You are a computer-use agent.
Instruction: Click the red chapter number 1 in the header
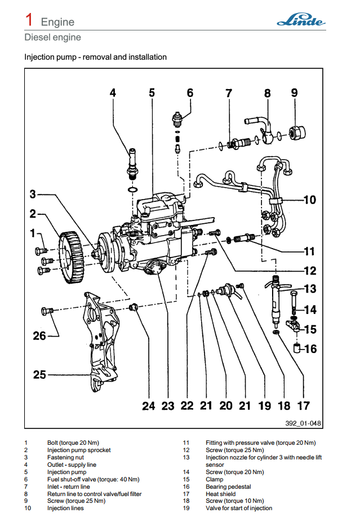(x=29, y=20)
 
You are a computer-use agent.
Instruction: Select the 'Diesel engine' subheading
(x=52, y=37)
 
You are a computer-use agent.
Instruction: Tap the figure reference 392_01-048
(x=303, y=423)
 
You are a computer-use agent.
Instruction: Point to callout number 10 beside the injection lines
(x=310, y=200)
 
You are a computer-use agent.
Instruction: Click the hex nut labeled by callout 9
(x=296, y=133)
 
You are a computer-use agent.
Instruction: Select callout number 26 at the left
(x=39, y=336)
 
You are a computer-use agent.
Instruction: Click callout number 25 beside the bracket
(x=39, y=374)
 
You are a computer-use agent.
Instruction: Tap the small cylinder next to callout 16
(x=297, y=348)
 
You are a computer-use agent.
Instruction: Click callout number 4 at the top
(x=113, y=92)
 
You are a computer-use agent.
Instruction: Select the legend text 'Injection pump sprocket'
(x=79, y=450)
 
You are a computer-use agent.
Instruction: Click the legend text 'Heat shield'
(x=221, y=494)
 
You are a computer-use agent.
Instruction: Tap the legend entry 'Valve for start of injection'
(x=239, y=508)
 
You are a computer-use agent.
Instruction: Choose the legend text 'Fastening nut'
(x=65, y=457)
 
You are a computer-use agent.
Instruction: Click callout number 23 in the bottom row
(x=168, y=406)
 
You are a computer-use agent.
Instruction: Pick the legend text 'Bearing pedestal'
(x=228, y=486)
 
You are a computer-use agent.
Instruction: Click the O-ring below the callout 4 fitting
(x=133, y=190)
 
